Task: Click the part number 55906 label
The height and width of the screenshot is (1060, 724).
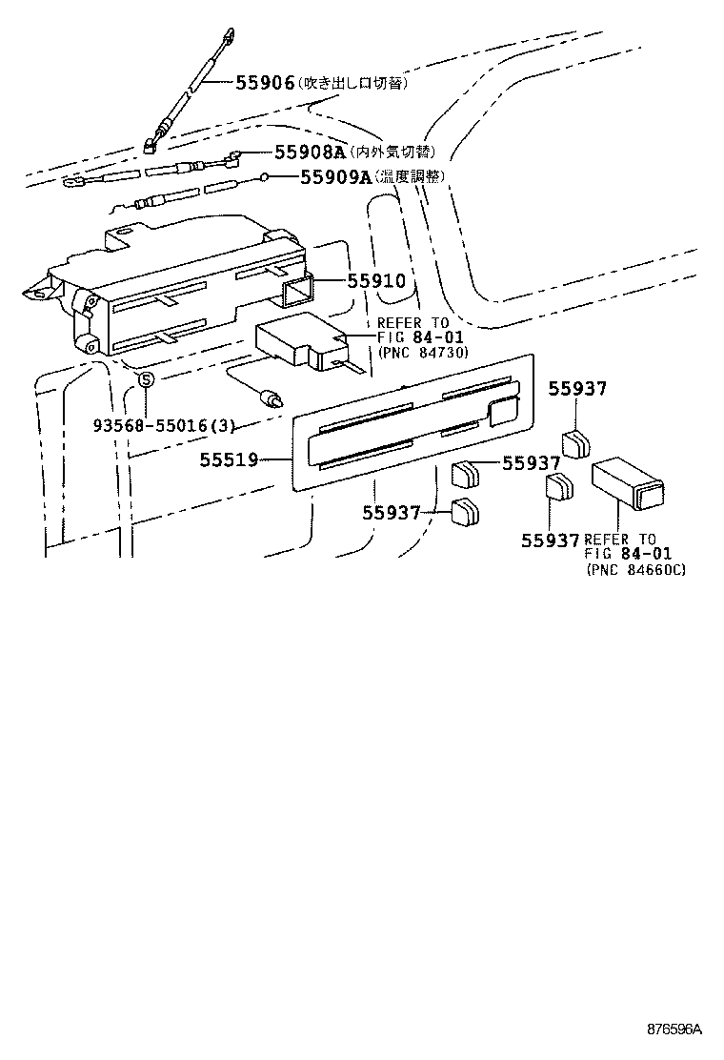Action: [x=264, y=83]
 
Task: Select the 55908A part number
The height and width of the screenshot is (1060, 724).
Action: [x=309, y=152]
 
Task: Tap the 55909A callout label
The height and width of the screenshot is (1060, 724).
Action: [x=334, y=176]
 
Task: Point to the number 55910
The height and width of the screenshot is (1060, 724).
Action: [x=375, y=281]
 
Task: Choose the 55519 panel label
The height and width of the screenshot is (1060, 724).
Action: [x=229, y=459]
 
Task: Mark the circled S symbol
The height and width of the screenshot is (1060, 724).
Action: [x=146, y=381]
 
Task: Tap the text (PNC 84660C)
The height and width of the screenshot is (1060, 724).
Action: [x=635, y=569]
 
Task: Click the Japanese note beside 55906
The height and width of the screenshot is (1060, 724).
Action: [x=353, y=84]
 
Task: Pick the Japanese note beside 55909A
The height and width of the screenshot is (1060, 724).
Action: [x=410, y=176]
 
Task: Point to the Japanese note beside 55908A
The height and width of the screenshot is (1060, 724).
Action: [x=392, y=152]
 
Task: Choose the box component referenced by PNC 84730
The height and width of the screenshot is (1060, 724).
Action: [x=296, y=343]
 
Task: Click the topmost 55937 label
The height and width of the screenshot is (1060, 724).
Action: [x=578, y=388]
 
